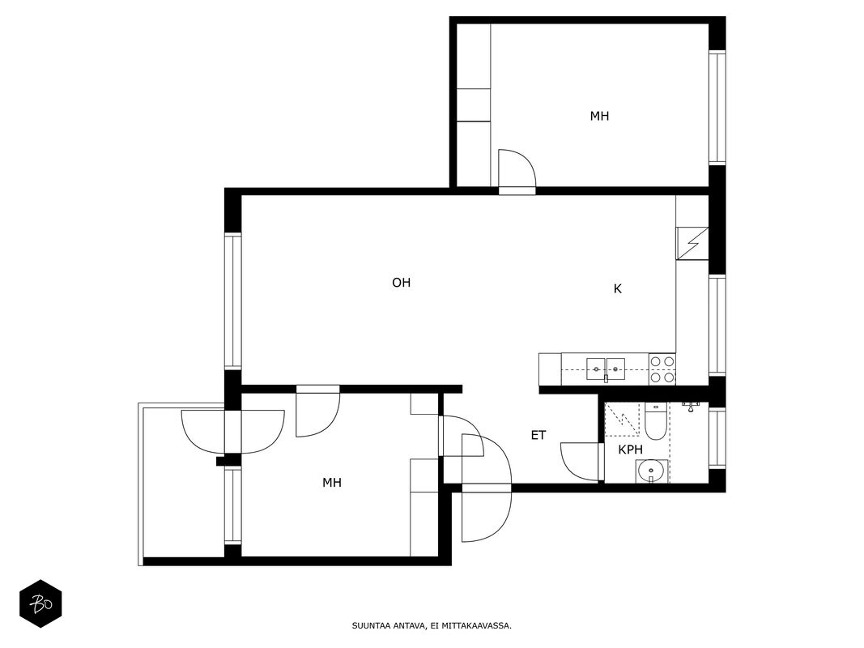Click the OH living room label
point(401,283)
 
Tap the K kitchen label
point(618,288)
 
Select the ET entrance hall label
point(538,435)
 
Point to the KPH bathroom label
point(630,450)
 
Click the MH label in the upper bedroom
point(599,117)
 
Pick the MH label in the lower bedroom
point(332,483)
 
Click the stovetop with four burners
point(662,369)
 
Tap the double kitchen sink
point(606,369)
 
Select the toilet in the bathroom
point(655,421)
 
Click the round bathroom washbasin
point(651,471)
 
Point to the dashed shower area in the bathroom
point(622,420)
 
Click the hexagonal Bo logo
point(40,604)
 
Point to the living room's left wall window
point(232,301)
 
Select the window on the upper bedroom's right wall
point(717,108)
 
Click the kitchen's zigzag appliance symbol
point(692,243)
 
